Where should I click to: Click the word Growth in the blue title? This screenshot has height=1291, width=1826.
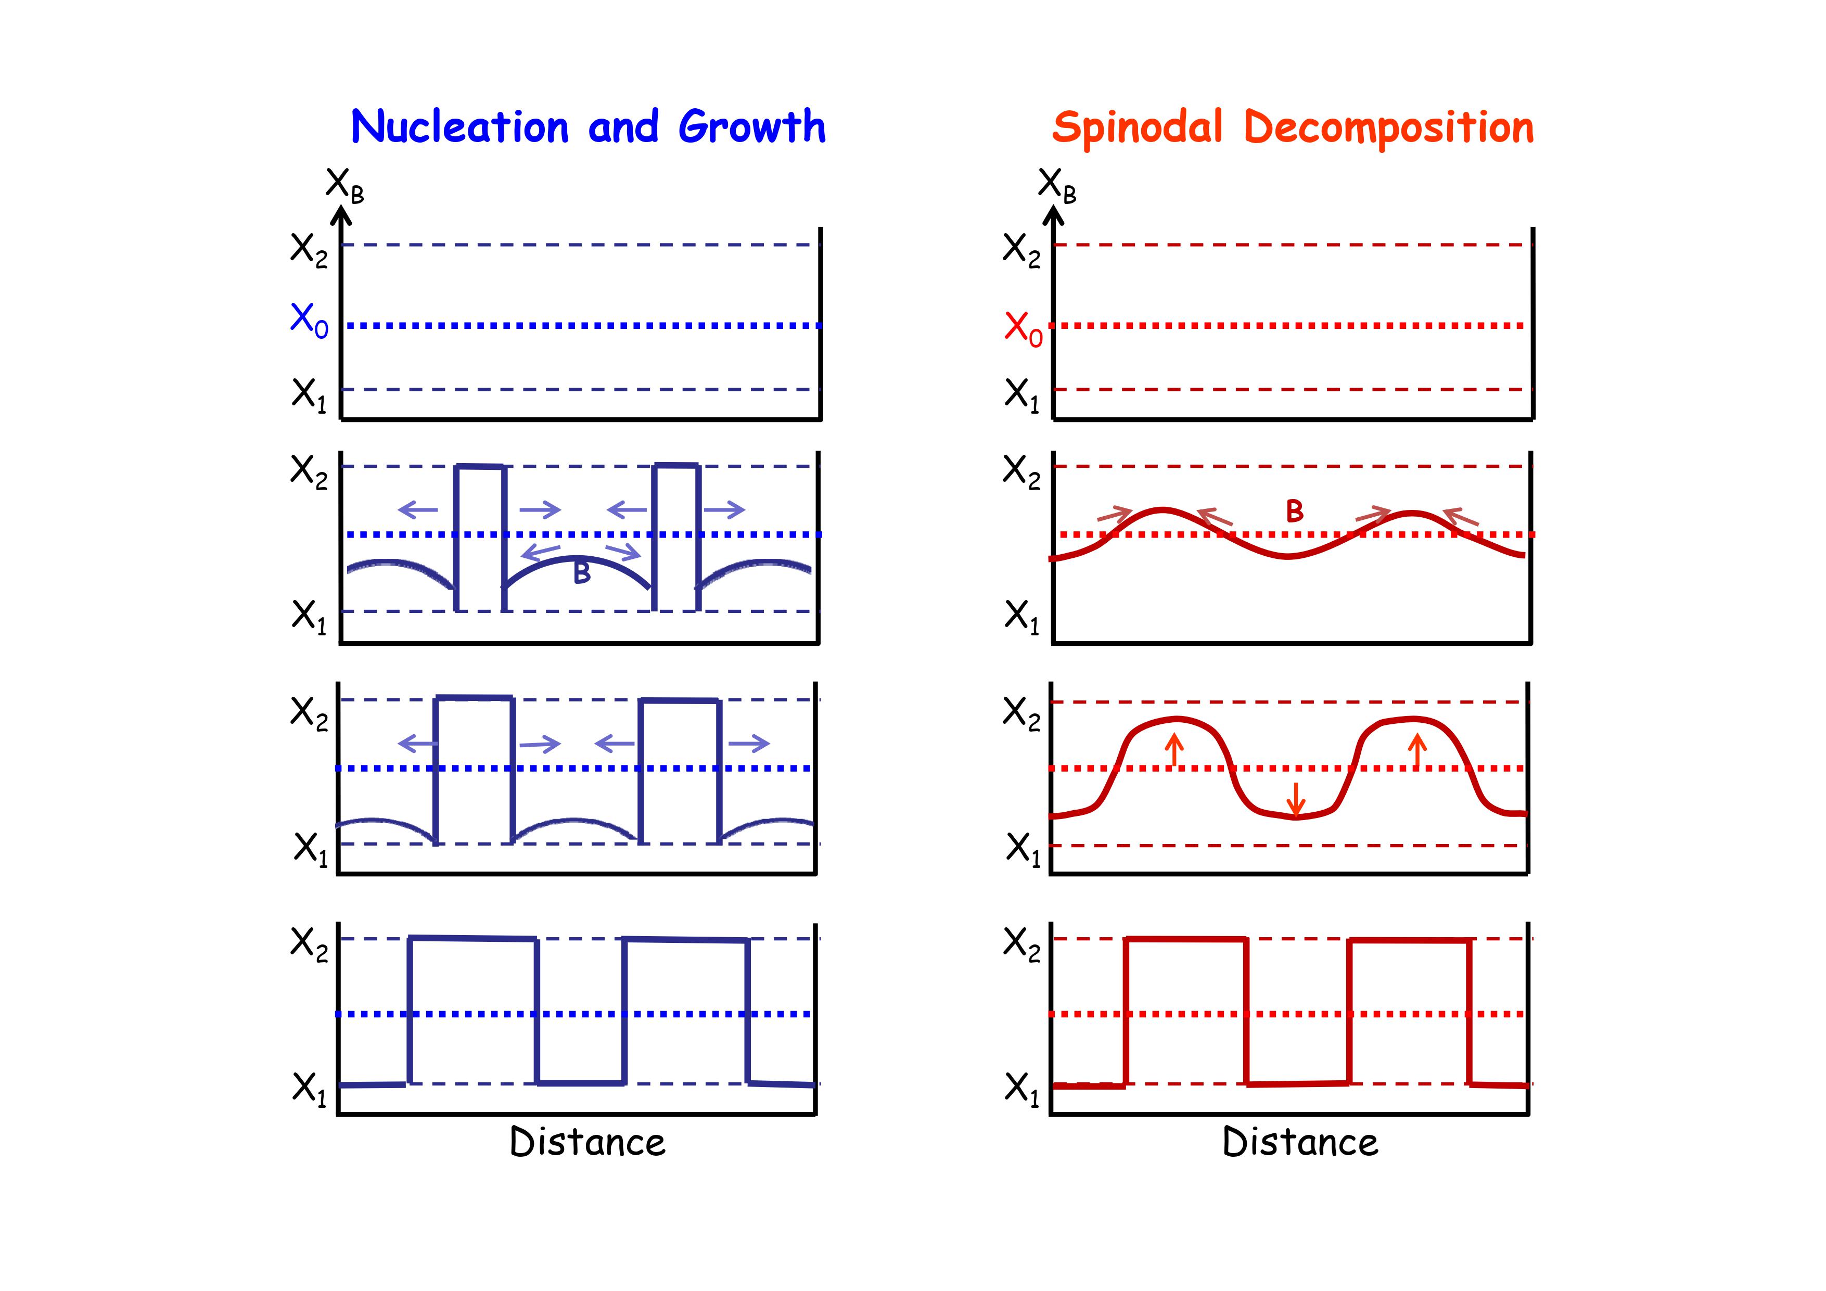(x=751, y=127)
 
